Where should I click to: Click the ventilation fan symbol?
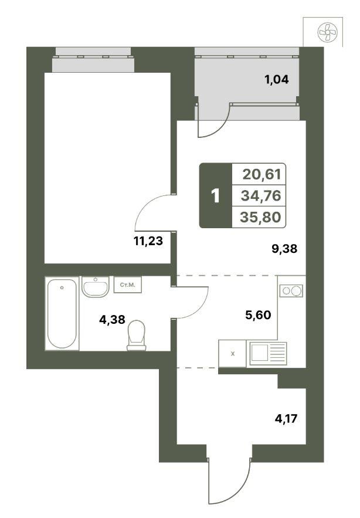click(327, 32)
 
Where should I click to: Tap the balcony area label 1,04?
click(276, 80)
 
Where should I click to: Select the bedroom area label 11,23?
click(148, 241)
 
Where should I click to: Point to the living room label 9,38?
click(284, 249)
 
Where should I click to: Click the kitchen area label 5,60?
click(258, 315)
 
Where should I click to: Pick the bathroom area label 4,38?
click(113, 319)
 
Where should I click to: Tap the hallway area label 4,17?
click(286, 419)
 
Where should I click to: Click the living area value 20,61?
click(262, 174)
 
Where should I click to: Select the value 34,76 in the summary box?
click(261, 195)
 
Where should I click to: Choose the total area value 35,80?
click(260, 217)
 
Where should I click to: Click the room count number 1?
click(215, 196)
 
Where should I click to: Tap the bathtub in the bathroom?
click(62, 313)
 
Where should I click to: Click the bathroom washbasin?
click(95, 287)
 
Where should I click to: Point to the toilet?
click(137, 336)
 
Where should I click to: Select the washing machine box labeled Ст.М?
click(128, 285)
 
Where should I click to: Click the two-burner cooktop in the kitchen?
click(291, 291)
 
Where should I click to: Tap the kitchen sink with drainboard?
click(268, 353)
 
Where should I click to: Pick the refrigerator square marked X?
click(233, 354)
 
